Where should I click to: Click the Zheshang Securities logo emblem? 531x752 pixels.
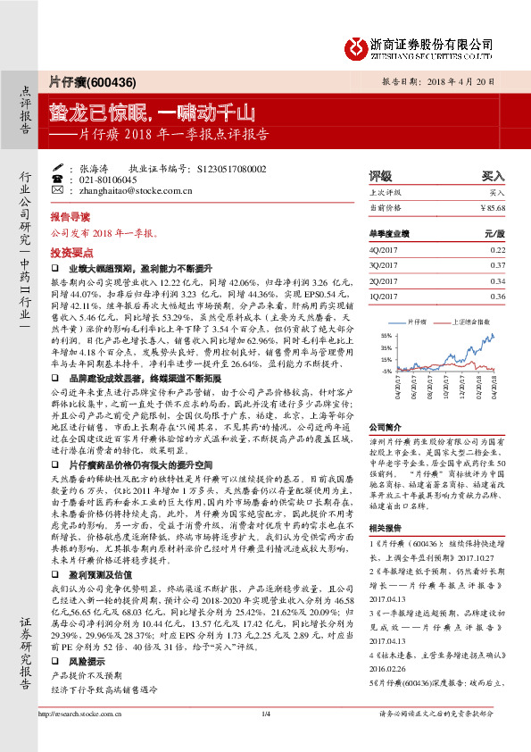tap(359, 46)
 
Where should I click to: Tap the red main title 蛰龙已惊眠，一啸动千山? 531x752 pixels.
tap(152, 113)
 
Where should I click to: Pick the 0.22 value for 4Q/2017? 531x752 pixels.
tap(497, 250)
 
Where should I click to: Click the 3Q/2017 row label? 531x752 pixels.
tap(386, 265)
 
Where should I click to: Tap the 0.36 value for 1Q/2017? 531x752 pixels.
tap(497, 296)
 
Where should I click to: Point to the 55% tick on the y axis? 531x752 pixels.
tap(386, 335)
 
